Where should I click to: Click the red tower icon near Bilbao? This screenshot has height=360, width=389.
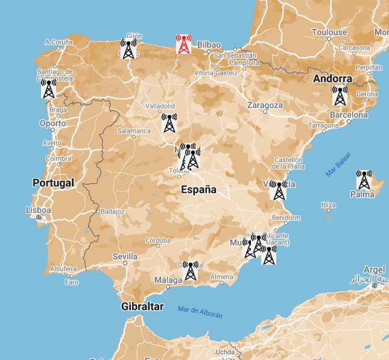point(184,44)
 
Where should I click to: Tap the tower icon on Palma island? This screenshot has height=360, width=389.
point(364,180)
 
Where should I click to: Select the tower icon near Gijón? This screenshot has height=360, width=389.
point(128,49)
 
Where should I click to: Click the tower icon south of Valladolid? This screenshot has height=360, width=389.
point(169,123)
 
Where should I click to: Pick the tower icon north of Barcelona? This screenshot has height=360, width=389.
point(340,96)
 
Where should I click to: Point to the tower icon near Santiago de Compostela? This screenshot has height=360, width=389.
point(49,89)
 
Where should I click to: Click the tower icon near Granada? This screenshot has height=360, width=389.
point(191,271)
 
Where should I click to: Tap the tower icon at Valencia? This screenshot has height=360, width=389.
point(278,191)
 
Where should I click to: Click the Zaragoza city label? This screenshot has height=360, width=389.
point(265,105)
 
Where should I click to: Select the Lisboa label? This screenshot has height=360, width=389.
point(38,210)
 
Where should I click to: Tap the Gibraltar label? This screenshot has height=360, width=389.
point(142,306)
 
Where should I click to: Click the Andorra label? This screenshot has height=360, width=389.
point(332,78)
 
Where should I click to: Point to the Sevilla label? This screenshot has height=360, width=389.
point(125,256)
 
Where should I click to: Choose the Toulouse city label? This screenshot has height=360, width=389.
point(329,32)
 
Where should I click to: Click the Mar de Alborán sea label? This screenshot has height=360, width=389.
point(200,312)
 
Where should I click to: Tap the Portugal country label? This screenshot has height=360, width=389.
point(53,183)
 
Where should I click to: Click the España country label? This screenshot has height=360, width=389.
point(198,189)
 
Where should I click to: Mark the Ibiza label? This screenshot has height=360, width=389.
point(329,205)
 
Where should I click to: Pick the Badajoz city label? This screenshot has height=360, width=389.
point(112,212)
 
